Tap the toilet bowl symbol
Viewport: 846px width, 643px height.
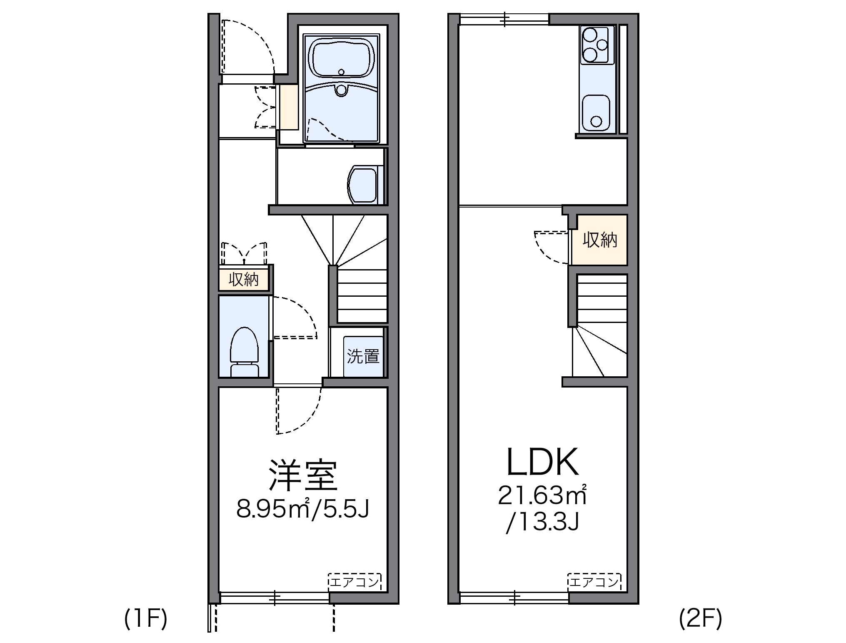(244, 346)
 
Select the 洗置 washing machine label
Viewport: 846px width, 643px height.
(363, 356)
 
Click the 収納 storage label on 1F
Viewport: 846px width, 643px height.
(244, 279)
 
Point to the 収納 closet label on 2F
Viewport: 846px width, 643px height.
(599, 240)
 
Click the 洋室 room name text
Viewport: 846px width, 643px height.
(303, 475)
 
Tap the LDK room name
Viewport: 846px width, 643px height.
(542, 462)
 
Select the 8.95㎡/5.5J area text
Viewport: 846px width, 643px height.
(302, 509)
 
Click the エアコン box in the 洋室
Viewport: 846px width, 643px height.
(354, 582)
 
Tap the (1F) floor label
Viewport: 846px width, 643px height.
(146, 619)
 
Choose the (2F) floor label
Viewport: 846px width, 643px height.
(701, 619)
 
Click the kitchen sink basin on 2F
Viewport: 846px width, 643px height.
(596, 112)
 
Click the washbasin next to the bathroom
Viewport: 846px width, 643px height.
(364, 185)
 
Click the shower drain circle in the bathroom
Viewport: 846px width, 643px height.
(342, 89)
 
